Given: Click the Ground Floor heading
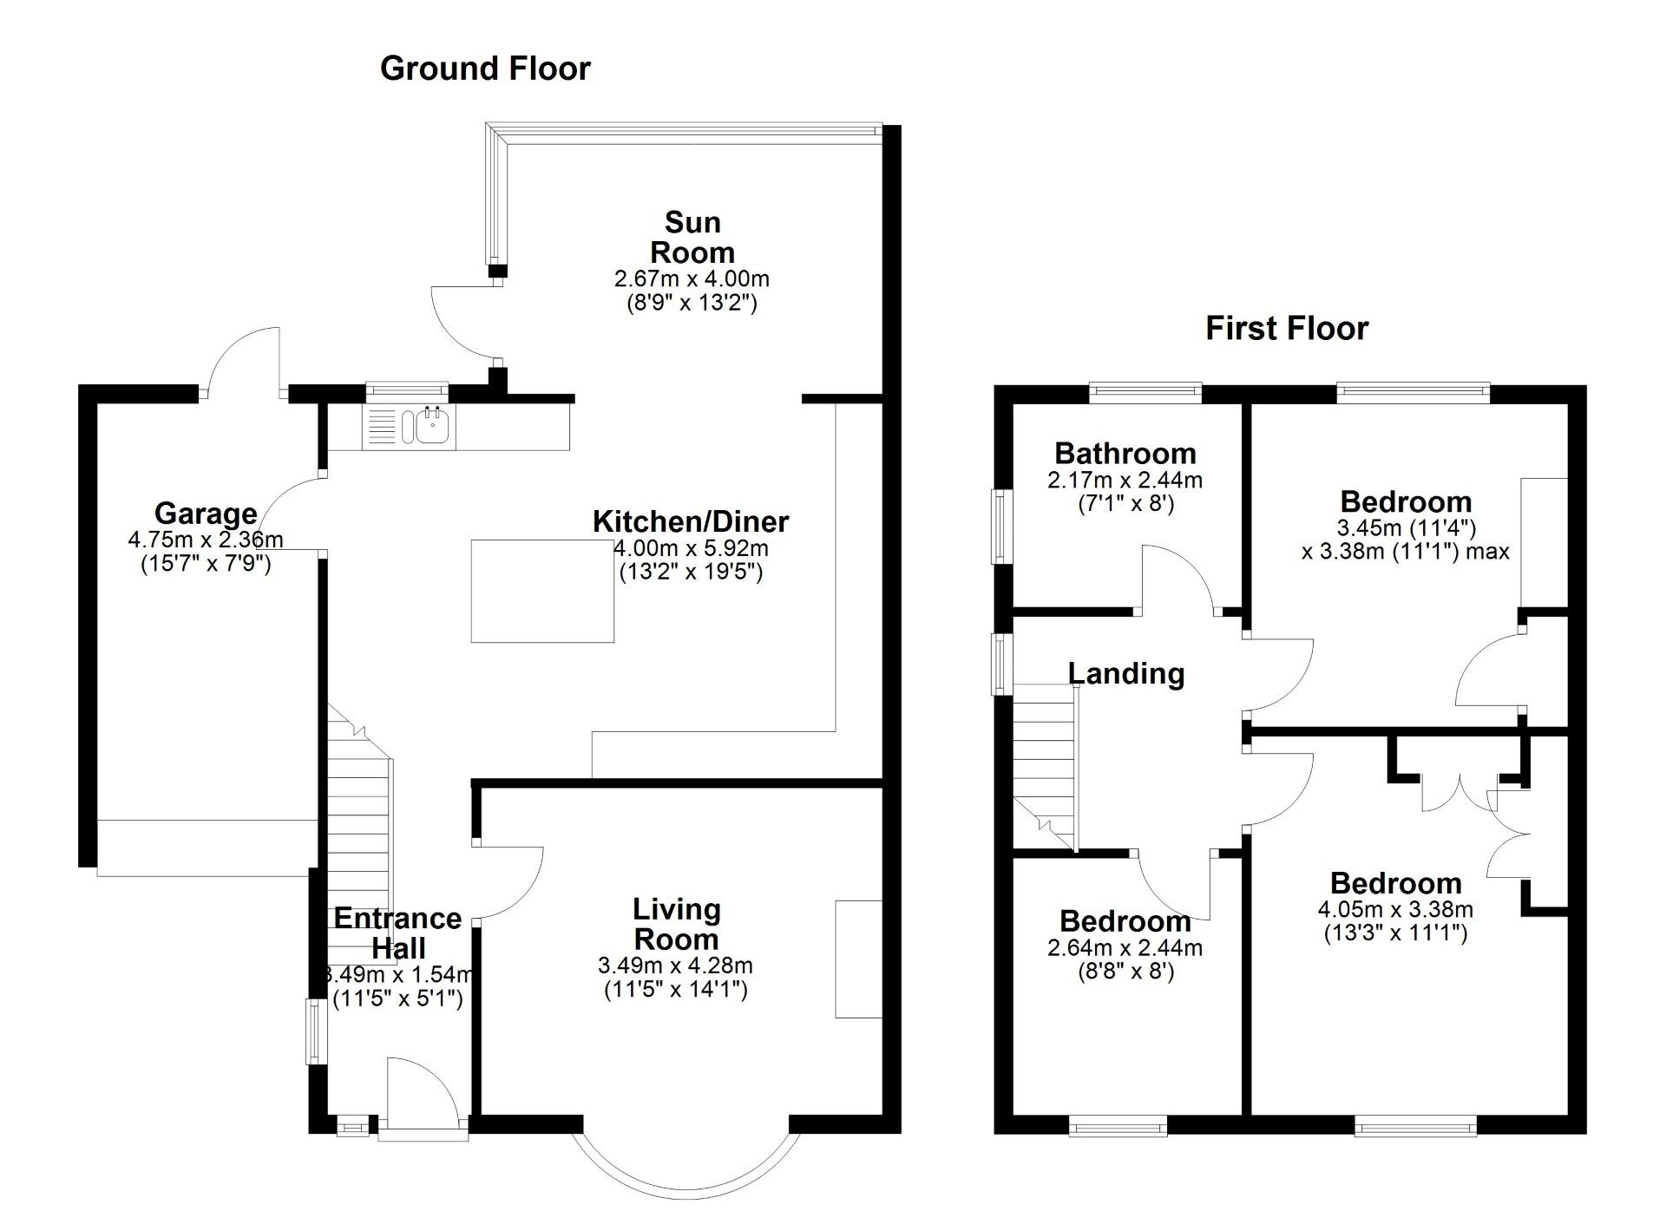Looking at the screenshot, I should click(485, 69).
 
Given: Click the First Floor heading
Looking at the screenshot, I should click(1287, 329).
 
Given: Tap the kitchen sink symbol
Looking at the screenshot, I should click(431, 426).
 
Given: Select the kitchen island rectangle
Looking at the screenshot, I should click(542, 591).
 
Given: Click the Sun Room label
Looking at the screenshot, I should click(692, 238).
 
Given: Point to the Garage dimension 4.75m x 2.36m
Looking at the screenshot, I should click(206, 540).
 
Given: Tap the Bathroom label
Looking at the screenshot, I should click(1125, 453).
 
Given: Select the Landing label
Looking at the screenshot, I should click(1125, 673).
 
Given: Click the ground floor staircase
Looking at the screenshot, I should click(358, 833).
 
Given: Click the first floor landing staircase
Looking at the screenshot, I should click(1044, 763).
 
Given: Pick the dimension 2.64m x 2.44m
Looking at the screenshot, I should click(1125, 947).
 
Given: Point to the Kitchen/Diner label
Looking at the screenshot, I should click(691, 521).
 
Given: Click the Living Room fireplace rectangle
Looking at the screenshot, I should click(858, 959).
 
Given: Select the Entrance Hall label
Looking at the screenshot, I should click(397, 933).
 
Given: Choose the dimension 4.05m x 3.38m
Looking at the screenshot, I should click(1395, 909).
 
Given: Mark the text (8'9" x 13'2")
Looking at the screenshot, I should click(692, 304).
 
